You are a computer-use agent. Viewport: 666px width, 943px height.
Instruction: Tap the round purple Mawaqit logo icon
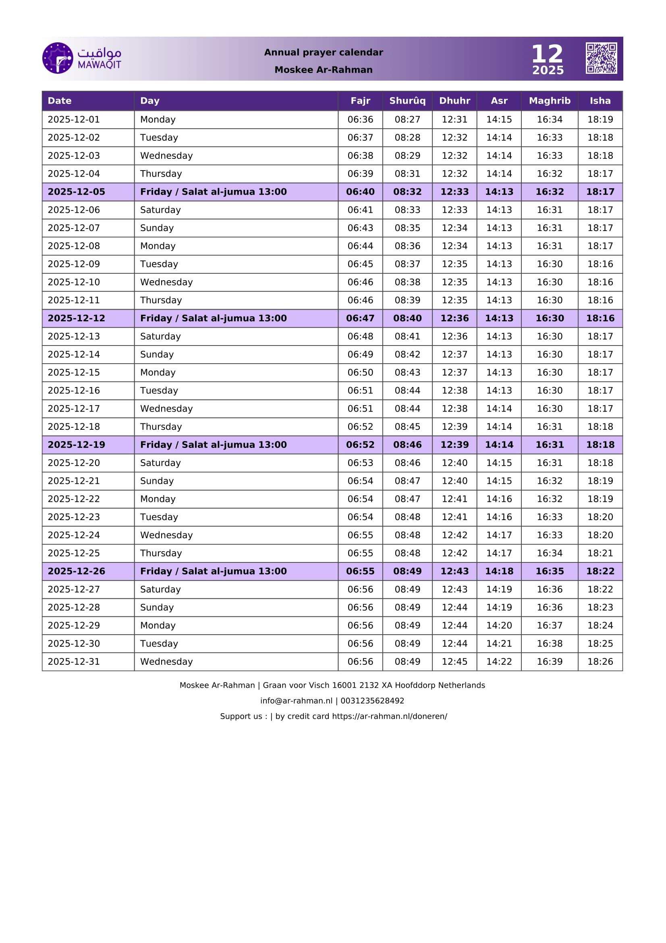[58, 58]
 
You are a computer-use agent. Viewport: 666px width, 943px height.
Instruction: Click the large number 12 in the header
[547, 54]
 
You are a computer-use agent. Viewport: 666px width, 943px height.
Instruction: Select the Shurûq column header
[407, 101]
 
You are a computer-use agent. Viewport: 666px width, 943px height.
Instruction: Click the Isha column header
[600, 101]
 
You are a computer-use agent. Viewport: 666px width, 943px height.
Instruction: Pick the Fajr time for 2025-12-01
[360, 119]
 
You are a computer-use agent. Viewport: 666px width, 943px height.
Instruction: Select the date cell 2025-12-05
[76, 192]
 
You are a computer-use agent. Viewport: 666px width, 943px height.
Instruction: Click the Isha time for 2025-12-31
[600, 662]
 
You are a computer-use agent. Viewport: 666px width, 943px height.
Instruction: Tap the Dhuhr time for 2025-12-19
[454, 445]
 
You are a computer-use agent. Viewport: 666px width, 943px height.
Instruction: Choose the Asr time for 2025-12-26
[499, 571]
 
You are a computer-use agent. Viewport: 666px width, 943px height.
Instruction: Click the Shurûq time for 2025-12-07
[407, 228]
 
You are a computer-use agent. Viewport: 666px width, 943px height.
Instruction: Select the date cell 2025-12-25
[74, 553]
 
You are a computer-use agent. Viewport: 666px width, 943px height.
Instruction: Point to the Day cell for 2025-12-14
[157, 354]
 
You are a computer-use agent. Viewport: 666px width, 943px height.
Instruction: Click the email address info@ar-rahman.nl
[296, 701]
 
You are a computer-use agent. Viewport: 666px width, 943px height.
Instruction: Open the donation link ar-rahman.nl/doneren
[390, 716]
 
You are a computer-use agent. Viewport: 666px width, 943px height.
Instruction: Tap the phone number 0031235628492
[372, 701]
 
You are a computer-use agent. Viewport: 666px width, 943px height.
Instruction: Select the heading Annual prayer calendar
[324, 52]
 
